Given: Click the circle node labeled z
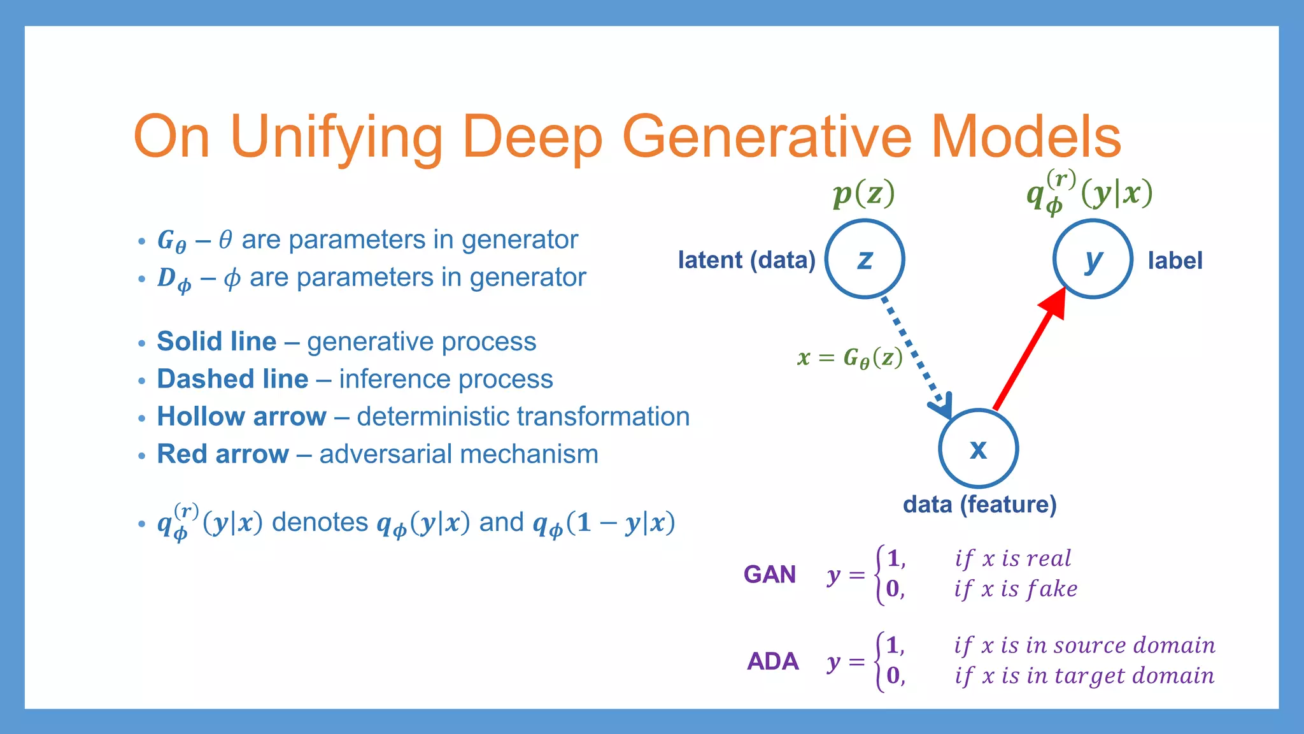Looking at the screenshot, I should click(x=865, y=259).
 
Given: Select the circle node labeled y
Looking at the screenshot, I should click(x=1093, y=259).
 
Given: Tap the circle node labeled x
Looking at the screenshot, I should click(x=978, y=449).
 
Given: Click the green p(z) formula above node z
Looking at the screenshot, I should click(x=863, y=193).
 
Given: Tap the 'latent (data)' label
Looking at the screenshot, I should click(x=746, y=260).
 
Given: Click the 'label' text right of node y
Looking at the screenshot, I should click(x=1175, y=261).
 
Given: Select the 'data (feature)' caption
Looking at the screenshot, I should click(x=979, y=505).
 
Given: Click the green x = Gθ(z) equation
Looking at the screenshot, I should click(x=850, y=358).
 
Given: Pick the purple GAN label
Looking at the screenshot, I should click(x=769, y=575).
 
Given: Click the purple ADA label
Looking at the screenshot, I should click(x=772, y=661).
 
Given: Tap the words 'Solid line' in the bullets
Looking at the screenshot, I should click(x=216, y=342).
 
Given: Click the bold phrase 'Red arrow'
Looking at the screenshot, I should click(x=223, y=454).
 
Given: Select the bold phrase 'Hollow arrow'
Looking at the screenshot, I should click(x=241, y=417).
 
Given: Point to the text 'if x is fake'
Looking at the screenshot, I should click(x=1016, y=589).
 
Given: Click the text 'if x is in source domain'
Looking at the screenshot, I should click(x=1084, y=645).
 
